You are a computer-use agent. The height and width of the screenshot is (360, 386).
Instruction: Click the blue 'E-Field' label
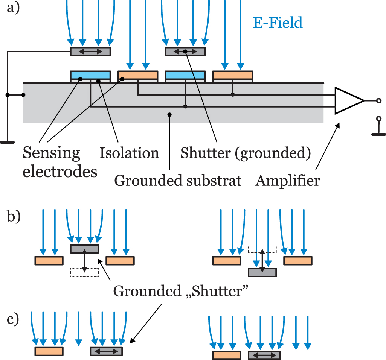[278, 23]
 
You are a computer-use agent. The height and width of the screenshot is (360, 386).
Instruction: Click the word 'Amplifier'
[288, 181]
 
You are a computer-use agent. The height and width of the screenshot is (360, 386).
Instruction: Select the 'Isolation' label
[129, 153]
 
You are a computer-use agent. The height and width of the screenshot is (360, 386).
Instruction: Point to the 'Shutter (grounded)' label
[246, 153]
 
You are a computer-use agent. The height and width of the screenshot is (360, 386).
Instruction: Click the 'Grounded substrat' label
[178, 181]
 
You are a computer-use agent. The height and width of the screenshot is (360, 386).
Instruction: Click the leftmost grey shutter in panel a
[90, 52]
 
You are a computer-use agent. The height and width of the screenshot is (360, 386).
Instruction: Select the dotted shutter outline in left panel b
[84, 272]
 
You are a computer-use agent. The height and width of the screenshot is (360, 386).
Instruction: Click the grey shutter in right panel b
[262, 272]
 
